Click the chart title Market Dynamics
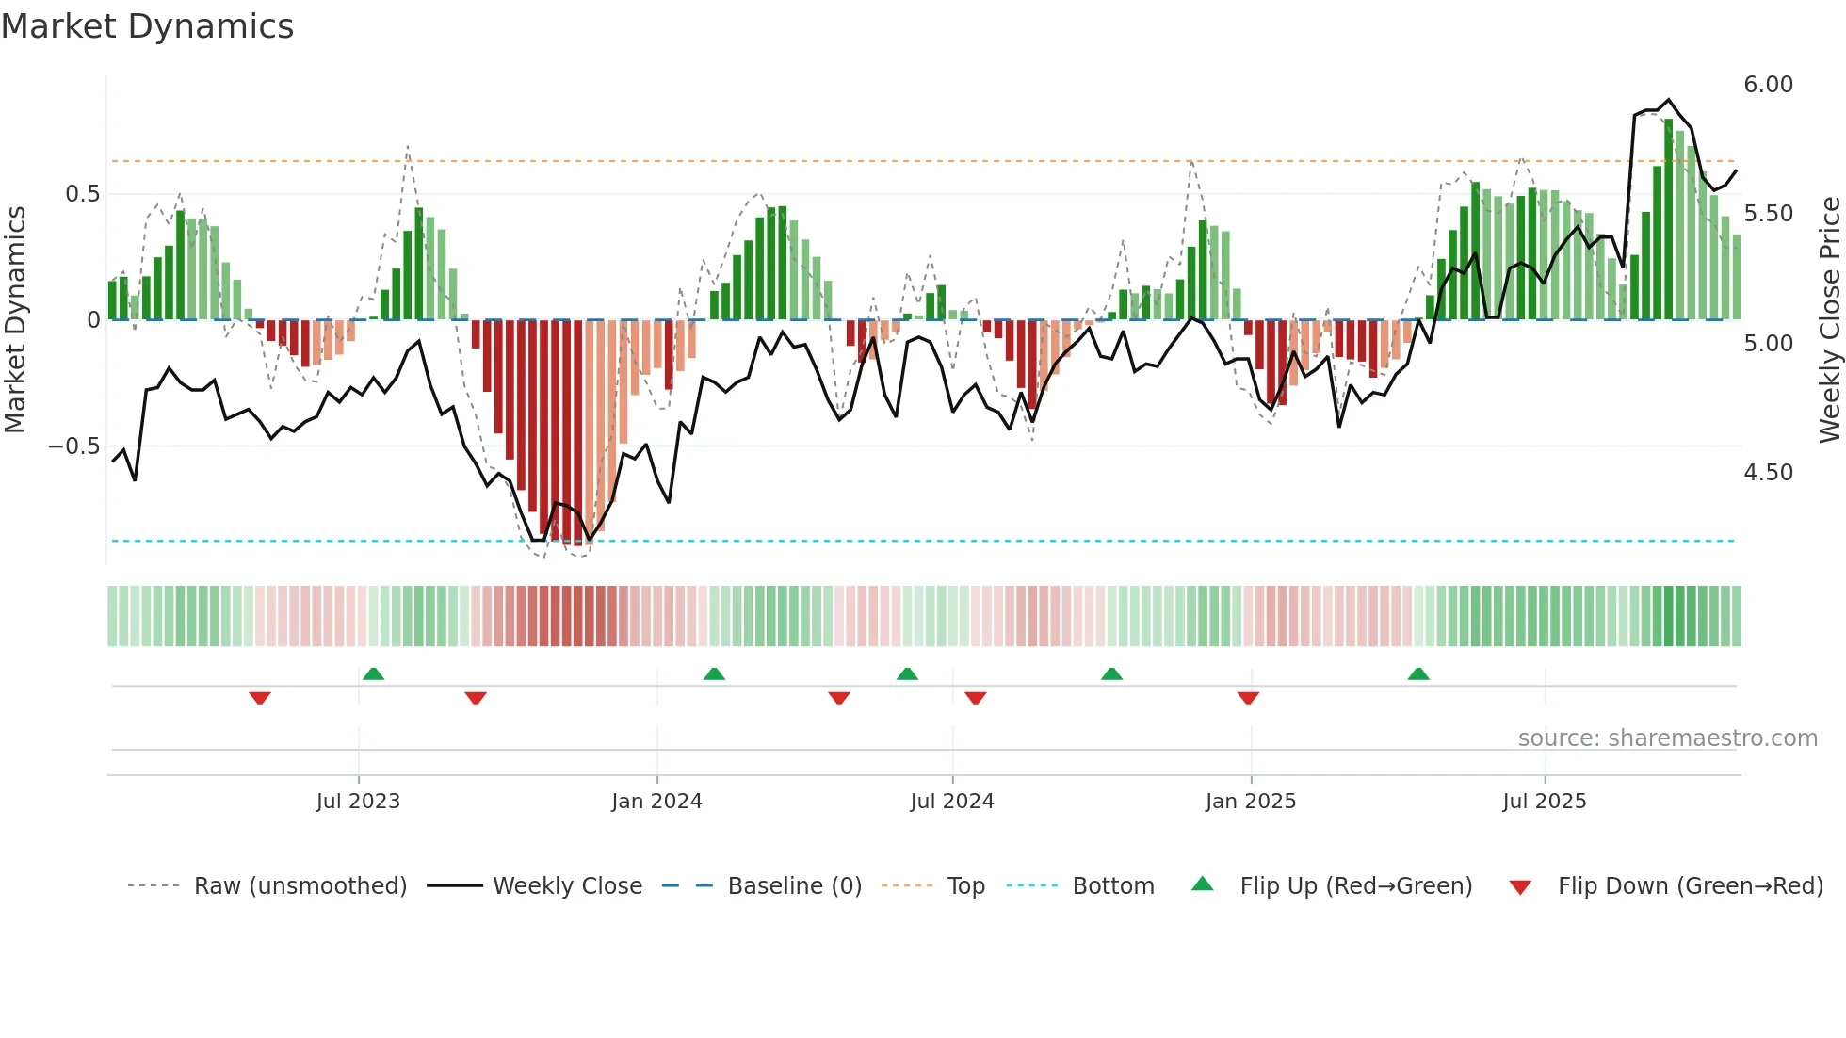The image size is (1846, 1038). (148, 26)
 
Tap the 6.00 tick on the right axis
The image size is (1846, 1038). (1768, 85)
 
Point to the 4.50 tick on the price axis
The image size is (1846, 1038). (1768, 473)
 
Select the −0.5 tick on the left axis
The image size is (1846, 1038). (73, 446)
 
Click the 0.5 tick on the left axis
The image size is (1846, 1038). (82, 194)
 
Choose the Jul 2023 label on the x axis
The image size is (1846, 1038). (358, 802)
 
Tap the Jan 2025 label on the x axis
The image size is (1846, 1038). (1250, 802)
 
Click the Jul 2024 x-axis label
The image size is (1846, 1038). (951, 802)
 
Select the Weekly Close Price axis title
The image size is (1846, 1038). (1829, 320)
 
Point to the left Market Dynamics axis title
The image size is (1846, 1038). (16, 320)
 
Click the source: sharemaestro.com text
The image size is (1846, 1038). (1667, 738)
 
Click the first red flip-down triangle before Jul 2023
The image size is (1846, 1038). (260, 698)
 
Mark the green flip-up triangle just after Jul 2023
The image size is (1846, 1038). (373, 673)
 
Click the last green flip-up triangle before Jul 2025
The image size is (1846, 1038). (1418, 673)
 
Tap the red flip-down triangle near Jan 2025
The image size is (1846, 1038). (1248, 698)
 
